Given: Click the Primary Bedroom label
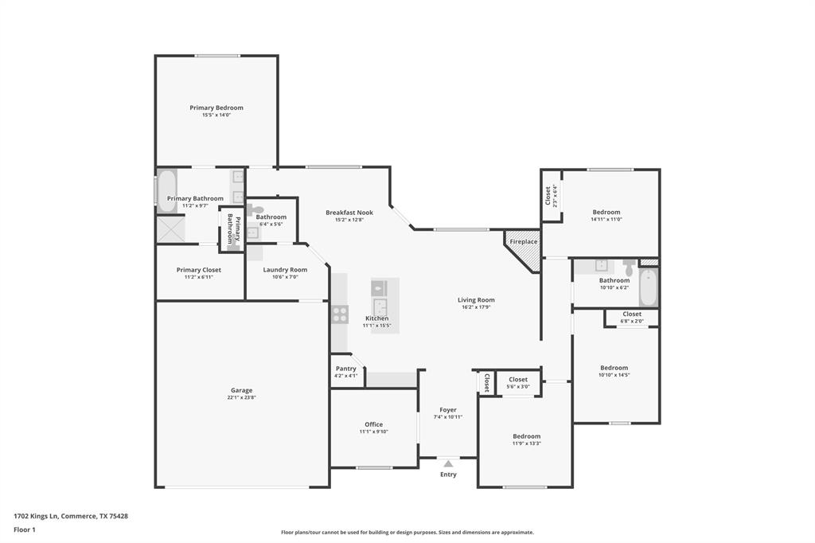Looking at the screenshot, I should pyautogui.click(x=216, y=107).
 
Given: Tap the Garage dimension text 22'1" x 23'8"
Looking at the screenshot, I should pyautogui.click(x=241, y=397).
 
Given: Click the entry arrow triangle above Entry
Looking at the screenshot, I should pyautogui.click(x=448, y=463).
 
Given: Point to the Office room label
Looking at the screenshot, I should pyautogui.click(x=373, y=424).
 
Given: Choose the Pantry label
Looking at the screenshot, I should pyautogui.click(x=346, y=369).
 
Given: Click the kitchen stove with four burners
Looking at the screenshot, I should pyautogui.click(x=340, y=314).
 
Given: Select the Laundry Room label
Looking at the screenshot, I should pyautogui.click(x=285, y=270).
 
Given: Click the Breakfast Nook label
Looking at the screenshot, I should pyautogui.click(x=349, y=213).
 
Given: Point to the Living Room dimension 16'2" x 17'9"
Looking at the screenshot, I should pyautogui.click(x=476, y=307).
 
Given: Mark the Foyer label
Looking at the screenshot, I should pyautogui.click(x=448, y=410).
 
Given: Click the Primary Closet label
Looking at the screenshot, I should pyautogui.click(x=199, y=270).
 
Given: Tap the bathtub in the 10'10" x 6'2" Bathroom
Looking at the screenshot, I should pyautogui.click(x=649, y=287).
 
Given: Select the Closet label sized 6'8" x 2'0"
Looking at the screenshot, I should pyautogui.click(x=632, y=314).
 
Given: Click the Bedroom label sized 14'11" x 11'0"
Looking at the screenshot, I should pyautogui.click(x=606, y=212).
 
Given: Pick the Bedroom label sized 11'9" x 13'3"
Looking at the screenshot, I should pyautogui.click(x=526, y=436).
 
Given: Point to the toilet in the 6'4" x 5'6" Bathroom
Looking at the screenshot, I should pyautogui.click(x=253, y=211).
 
